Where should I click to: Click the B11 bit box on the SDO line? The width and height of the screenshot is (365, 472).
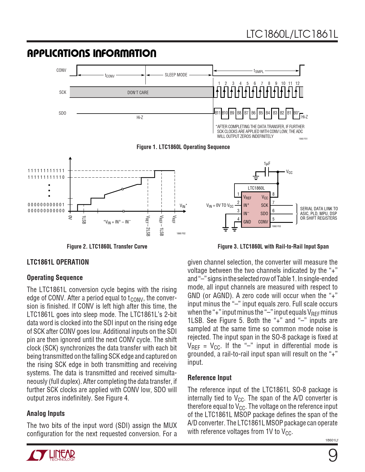[x=218, y=113]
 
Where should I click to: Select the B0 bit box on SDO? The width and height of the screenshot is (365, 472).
[x=296, y=113]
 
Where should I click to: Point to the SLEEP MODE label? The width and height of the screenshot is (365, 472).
[x=176, y=75]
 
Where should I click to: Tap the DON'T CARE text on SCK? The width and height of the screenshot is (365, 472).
[x=138, y=92]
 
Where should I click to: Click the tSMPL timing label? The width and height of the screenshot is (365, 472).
[x=259, y=71]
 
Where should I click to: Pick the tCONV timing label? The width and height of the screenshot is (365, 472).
[x=110, y=76]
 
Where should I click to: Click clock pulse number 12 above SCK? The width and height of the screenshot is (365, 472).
[x=297, y=83]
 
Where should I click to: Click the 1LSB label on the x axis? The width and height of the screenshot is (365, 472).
[x=84, y=220]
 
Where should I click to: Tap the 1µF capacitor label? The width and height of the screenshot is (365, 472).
[x=267, y=164]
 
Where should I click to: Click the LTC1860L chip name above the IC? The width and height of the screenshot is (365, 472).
[x=256, y=188]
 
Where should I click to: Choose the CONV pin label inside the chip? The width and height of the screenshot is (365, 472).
[x=263, y=222]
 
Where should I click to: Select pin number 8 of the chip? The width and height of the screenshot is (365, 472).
[x=273, y=194]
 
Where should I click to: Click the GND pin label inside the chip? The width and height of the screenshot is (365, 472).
[x=247, y=222]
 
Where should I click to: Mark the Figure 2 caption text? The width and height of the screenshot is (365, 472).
[x=107, y=246]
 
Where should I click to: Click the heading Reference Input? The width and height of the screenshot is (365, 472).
[x=210, y=378]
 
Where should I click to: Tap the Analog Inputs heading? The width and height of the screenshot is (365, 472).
[x=46, y=413]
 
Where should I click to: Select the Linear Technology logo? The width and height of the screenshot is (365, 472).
[x=51, y=455]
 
